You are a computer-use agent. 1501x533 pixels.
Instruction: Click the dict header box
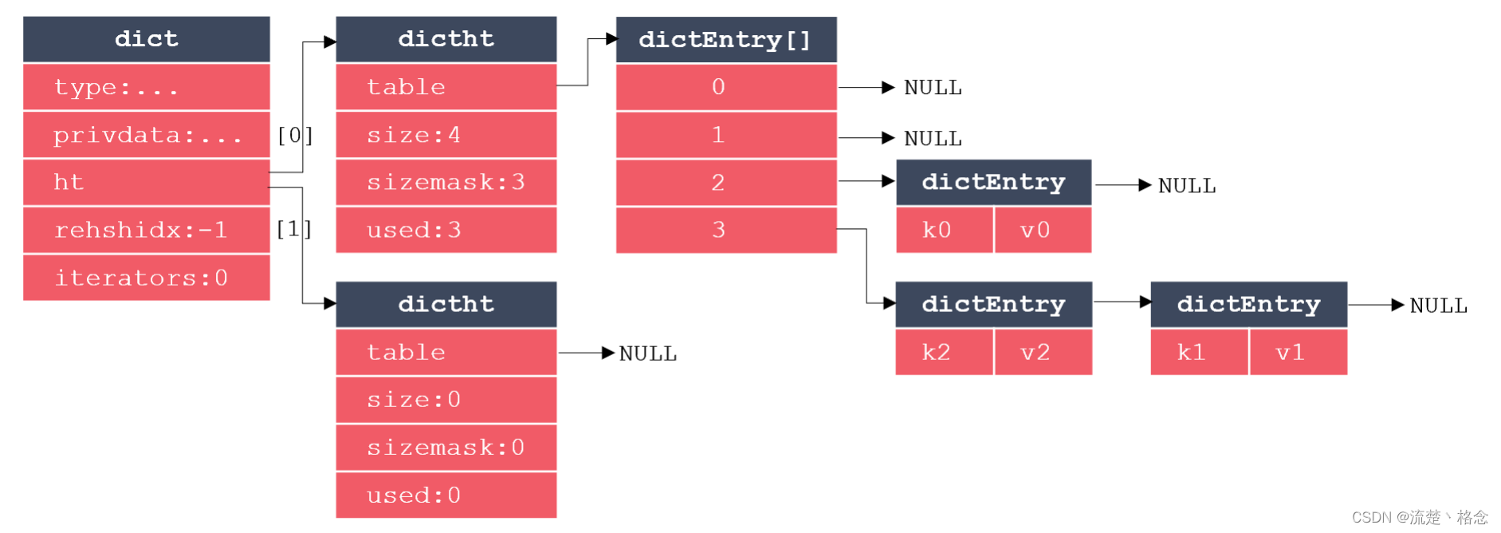pyautogui.click(x=147, y=39)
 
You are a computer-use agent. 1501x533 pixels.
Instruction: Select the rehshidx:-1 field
pyautogui.click(x=147, y=230)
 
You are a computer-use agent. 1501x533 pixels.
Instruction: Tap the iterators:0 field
pyautogui.click(x=147, y=278)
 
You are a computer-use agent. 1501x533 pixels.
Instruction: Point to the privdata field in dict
pyautogui.click(x=147, y=135)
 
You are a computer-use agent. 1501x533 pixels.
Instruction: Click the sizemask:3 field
pyautogui.click(x=446, y=182)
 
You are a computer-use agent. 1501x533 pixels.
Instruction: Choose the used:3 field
pyautogui.click(x=446, y=230)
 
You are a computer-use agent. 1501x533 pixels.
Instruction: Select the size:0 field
pyautogui.click(x=446, y=400)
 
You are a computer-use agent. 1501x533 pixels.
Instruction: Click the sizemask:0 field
pyautogui.click(x=446, y=448)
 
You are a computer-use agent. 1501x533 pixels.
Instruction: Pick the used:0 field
pyautogui.click(x=446, y=495)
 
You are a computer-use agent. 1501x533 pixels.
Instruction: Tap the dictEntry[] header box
pyautogui.click(x=726, y=39)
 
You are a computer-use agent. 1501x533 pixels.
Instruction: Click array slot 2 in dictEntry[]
pyautogui.click(x=726, y=182)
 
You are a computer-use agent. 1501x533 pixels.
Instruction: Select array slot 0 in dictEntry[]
pyautogui.click(x=726, y=87)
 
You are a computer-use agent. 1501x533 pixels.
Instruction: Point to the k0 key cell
pyautogui.click(x=945, y=230)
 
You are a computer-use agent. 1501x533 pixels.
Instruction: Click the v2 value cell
pyautogui.click(x=1043, y=352)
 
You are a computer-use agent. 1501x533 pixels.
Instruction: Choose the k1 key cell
pyautogui.click(x=1199, y=352)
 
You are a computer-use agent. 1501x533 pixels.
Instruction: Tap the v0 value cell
pyautogui.click(x=1043, y=230)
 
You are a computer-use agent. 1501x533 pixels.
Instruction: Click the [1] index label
pyautogui.click(x=294, y=229)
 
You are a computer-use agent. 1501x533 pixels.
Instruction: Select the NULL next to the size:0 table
pyautogui.click(x=648, y=353)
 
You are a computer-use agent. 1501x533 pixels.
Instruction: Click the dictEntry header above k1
pyautogui.click(x=1249, y=304)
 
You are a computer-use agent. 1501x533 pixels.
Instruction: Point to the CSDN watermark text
pyautogui.click(x=1420, y=517)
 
